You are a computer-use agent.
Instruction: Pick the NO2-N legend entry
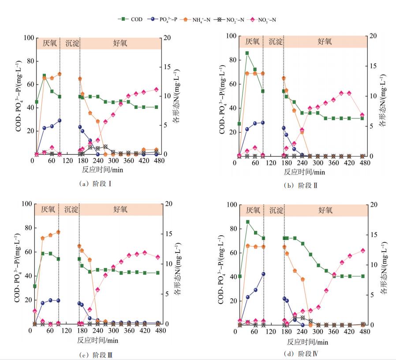click(230, 19)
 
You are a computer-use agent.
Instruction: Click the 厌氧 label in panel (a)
click(49, 43)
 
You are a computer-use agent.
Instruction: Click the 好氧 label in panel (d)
click(325, 210)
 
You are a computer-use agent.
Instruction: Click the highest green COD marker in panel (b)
click(247, 53)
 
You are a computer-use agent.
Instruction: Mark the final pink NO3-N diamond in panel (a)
click(156, 89)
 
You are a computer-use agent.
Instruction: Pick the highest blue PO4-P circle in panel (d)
click(264, 274)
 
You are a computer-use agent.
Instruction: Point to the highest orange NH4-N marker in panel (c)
click(58, 232)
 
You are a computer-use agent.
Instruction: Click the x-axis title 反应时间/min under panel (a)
click(97, 169)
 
